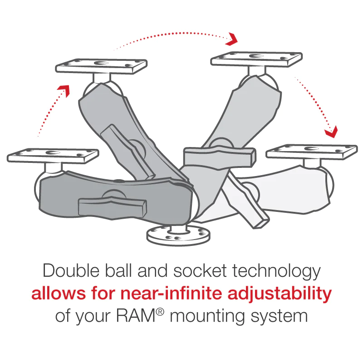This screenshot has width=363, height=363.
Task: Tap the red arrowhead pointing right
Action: pos(232,39)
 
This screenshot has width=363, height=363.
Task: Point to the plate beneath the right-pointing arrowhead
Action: pos(256,59)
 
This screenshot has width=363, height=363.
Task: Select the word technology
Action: pos(277,271)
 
